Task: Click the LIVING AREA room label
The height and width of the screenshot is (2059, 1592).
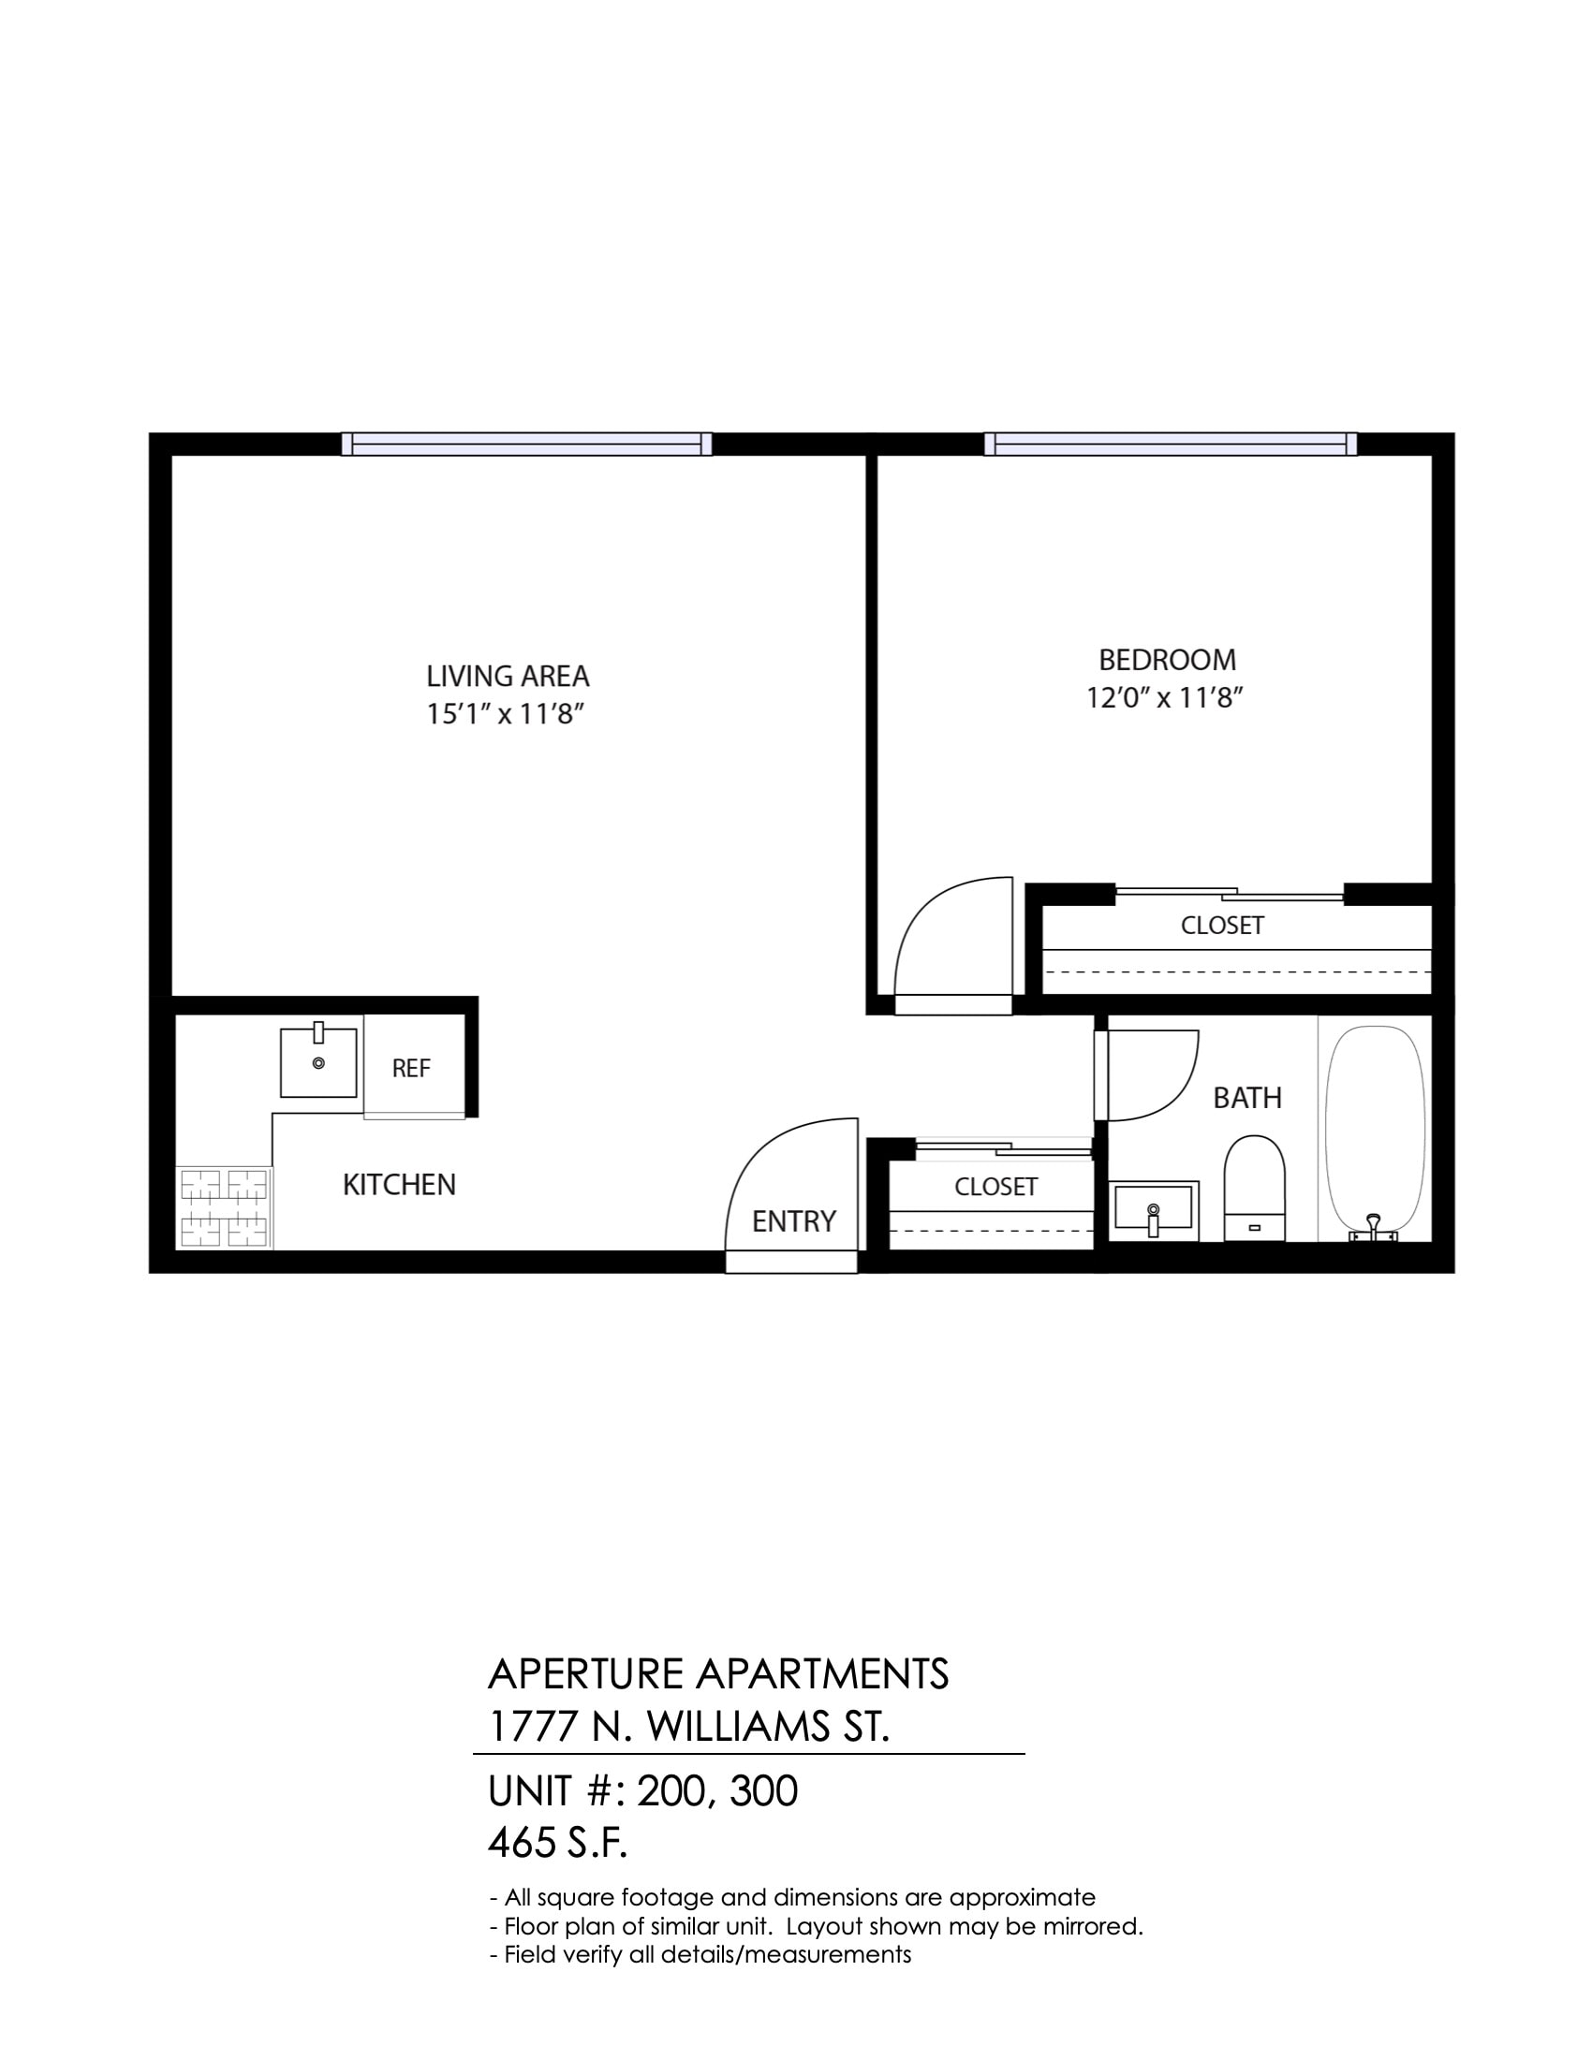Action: point(508,676)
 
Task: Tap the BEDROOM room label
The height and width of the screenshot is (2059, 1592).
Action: point(1167,659)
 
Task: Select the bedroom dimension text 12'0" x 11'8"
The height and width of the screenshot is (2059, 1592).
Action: point(1166,697)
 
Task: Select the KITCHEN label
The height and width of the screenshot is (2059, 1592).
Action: point(399,1184)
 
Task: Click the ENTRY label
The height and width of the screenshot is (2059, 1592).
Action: point(794,1220)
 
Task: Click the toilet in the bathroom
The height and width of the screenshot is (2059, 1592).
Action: point(1254,1188)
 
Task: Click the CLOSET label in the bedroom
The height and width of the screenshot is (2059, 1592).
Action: point(1222,925)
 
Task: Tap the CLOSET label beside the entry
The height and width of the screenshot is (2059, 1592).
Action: point(996,1186)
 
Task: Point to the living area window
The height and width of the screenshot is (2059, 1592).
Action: point(526,443)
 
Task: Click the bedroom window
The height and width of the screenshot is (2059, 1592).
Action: point(1171,443)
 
